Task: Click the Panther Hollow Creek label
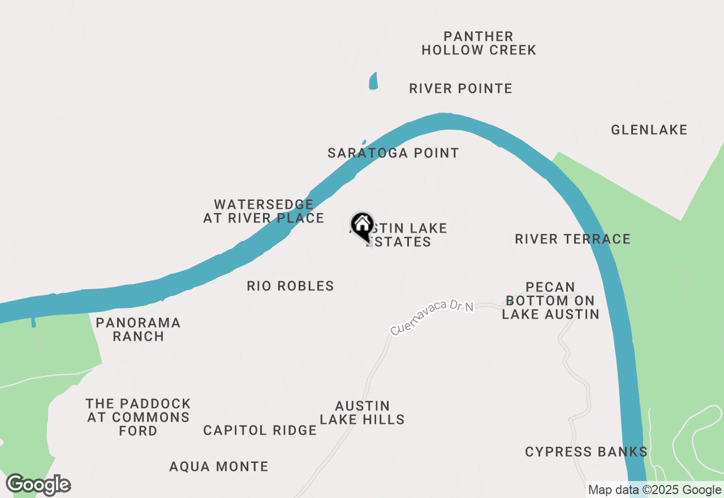click(x=479, y=44)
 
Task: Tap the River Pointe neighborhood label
click(x=460, y=89)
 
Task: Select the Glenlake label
click(x=649, y=130)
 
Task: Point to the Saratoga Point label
click(x=393, y=153)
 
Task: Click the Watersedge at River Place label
click(x=264, y=211)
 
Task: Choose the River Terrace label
click(x=572, y=239)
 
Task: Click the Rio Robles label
click(x=290, y=286)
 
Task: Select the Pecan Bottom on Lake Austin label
click(x=550, y=300)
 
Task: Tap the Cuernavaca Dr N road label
click(x=432, y=317)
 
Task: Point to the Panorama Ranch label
click(x=138, y=329)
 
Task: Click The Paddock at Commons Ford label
click(x=138, y=417)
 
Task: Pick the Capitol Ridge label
click(x=260, y=431)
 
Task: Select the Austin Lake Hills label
click(x=362, y=413)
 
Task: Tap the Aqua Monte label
click(x=219, y=467)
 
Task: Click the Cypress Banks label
click(x=586, y=452)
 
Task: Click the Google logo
click(x=38, y=485)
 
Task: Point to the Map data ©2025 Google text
click(x=654, y=490)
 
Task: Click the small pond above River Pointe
click(x=373, y=81)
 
